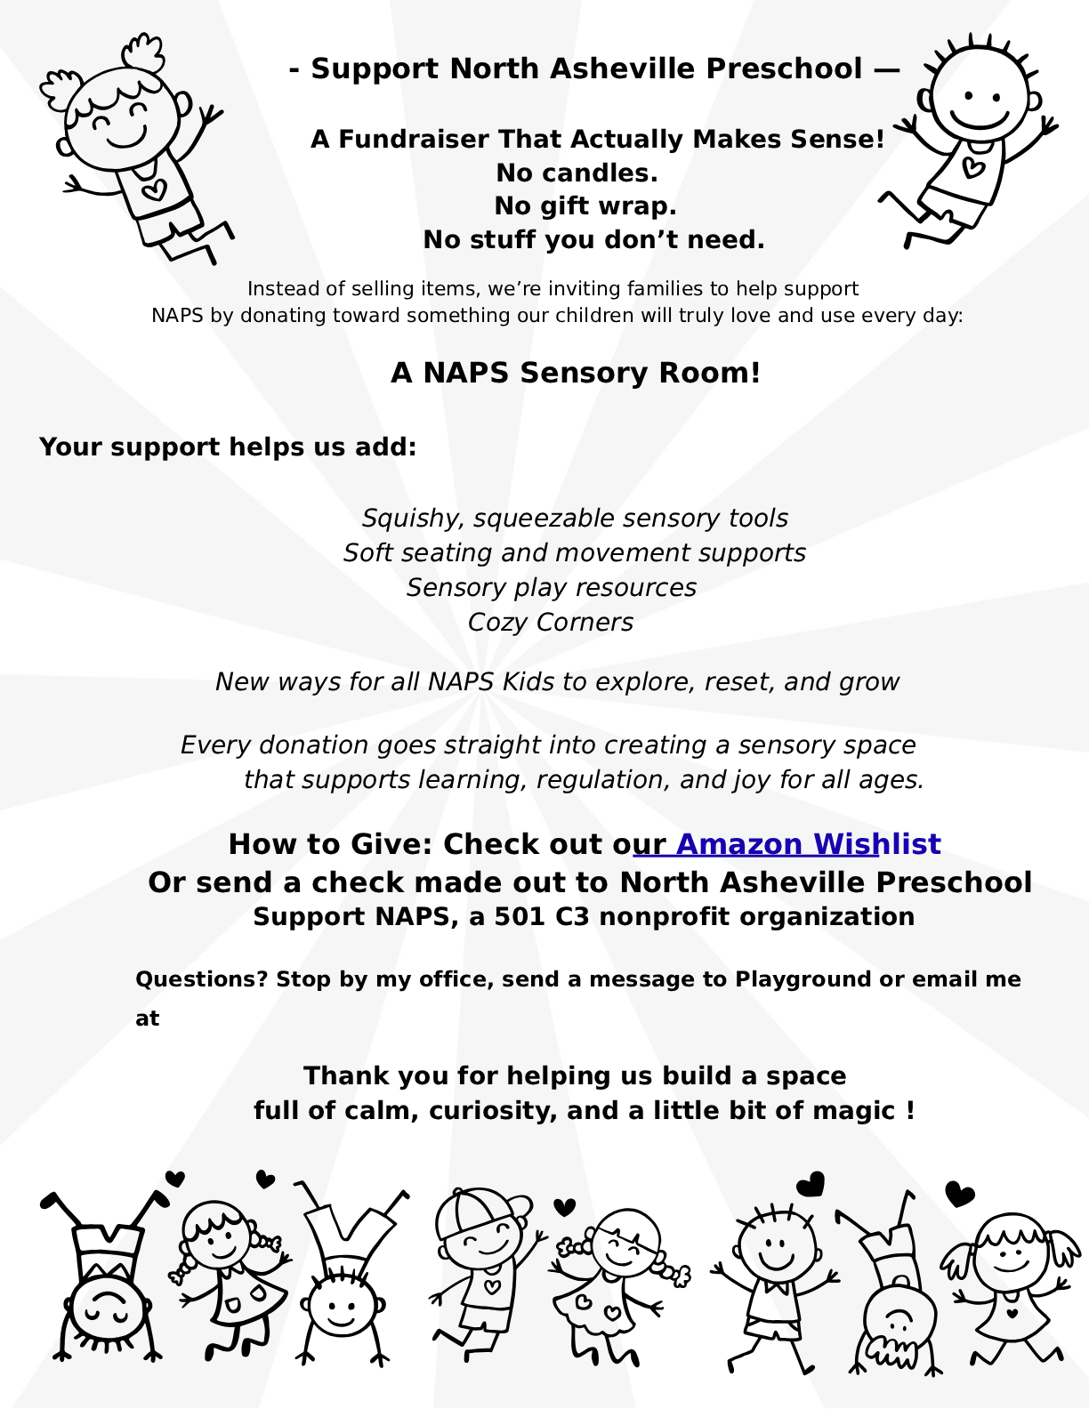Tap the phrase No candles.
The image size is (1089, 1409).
[577, 173]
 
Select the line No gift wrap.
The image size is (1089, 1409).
[585, 206]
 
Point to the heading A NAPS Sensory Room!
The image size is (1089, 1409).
[576, 373]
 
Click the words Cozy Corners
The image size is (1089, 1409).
[550, 623]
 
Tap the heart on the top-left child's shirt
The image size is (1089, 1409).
[155, 189]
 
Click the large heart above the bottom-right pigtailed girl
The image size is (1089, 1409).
[960, 1194]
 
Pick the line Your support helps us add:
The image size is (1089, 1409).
[228, 447]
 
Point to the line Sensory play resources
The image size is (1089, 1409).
[551, 588]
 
